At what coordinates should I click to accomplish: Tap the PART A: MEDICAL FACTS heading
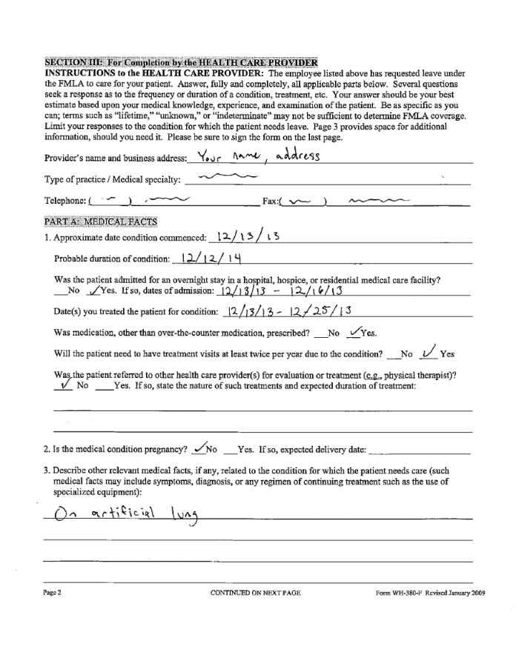(x=93, y=221)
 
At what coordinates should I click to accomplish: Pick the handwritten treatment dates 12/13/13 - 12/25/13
(x=287, y=310)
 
